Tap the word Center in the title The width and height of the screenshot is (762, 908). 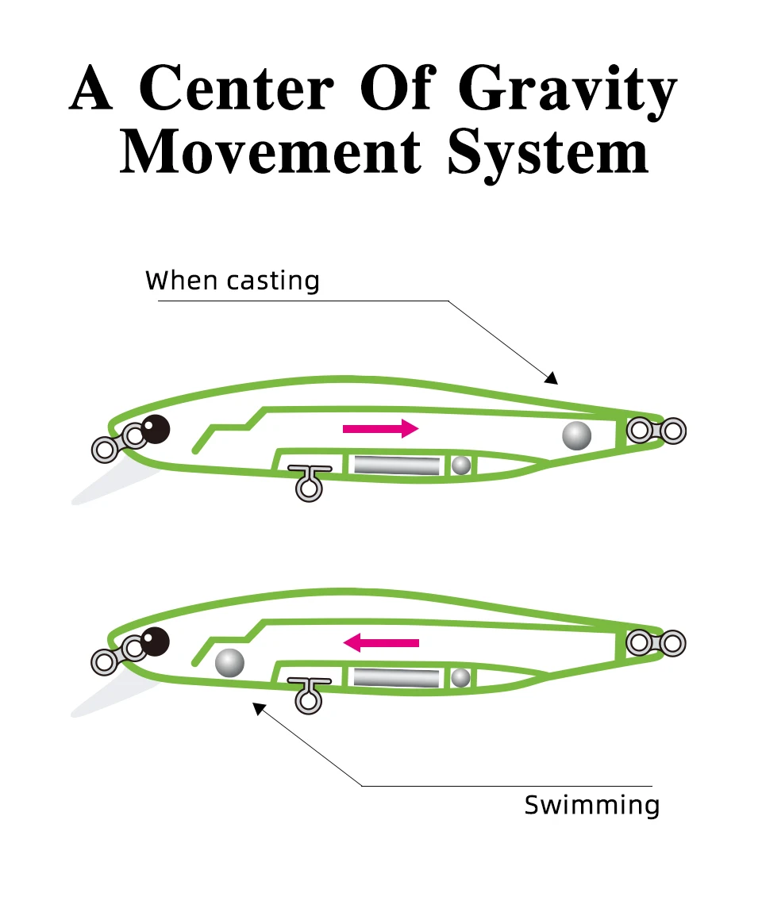point(236,90)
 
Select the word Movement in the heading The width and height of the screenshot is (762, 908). point(271,152)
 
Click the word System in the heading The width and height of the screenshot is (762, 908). point(548,154)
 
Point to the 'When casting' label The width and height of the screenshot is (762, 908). point(233,281)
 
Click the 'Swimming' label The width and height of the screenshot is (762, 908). point(592,806)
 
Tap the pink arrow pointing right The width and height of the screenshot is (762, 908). point(380,429)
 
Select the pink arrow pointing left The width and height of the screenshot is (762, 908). point(381,642)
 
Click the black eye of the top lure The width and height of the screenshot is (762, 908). point(156,429)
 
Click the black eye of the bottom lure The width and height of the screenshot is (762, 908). point(156,641)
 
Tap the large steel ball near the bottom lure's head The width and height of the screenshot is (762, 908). point(230,662)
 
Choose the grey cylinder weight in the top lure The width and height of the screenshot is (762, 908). point(396,465)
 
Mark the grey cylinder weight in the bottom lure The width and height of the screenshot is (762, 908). point(396,677)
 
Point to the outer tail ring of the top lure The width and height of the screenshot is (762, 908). point(673,431)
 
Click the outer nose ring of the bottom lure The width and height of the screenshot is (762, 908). point(104,661)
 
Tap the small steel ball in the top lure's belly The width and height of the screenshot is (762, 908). point(461,465)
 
